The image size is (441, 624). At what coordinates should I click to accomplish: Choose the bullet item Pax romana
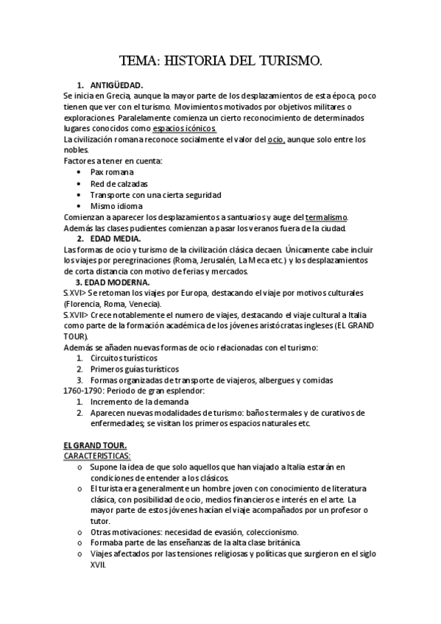click(113, 171)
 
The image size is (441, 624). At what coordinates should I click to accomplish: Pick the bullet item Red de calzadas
click(119, 183)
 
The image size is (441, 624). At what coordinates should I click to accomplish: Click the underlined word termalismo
click(326, 217)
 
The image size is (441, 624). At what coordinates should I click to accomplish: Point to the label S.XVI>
click(75, 293)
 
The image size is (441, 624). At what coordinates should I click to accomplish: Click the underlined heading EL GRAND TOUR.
click(96, 445)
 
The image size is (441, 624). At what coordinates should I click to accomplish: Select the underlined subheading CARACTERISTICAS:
click(97, 456)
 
